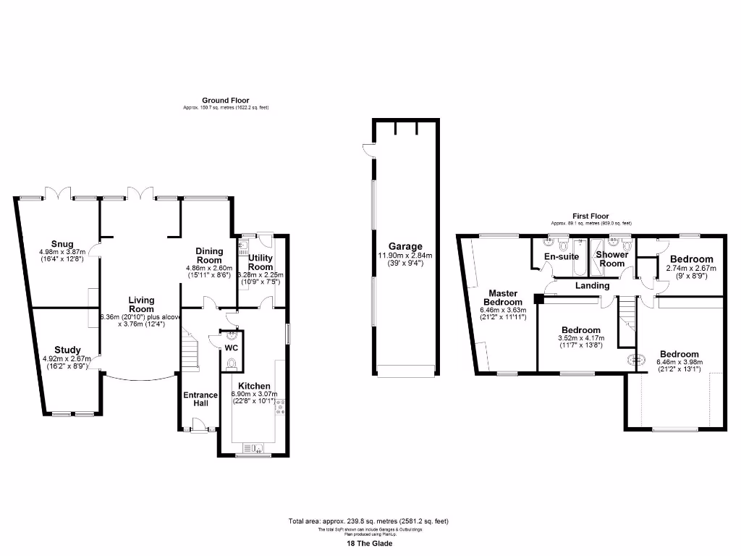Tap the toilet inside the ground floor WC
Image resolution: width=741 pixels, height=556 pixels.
point(230,365)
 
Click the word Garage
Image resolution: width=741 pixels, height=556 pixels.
point(405,246)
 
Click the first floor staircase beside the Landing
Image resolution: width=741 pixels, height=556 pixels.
point(626,316)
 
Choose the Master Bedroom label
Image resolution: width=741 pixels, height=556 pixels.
point(502,297)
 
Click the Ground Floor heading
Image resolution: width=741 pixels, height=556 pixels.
point(225,101)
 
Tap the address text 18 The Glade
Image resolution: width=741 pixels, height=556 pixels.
point(370,544)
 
